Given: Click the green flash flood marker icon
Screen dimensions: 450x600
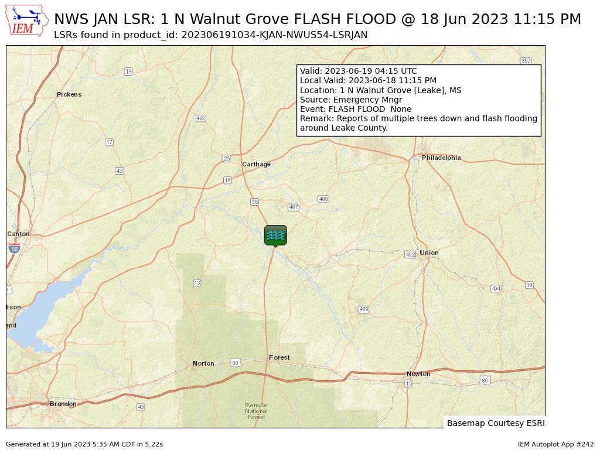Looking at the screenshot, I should tap(275, 235).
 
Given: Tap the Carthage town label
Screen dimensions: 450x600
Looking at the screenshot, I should tap(257, 165).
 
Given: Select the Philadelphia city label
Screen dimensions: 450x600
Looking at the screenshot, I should tap(441, 158).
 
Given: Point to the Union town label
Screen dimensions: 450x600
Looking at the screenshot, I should tap(429, 253).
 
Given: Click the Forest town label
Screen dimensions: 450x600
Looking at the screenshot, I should tap(279, 357).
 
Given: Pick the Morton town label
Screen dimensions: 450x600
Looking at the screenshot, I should tap(203, 363).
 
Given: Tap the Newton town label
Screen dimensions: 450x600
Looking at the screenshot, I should tap(418, 374).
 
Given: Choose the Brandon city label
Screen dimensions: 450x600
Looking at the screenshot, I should tap(63, 404).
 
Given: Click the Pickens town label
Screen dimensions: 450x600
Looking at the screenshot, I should tap(69, 94).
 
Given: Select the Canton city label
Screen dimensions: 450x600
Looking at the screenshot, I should tap(18, 234).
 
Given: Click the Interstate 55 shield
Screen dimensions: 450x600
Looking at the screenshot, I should tap(15, 248).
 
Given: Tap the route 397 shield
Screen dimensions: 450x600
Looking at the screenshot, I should tap(526, 61).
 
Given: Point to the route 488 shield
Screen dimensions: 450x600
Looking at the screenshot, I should tap(323, 199).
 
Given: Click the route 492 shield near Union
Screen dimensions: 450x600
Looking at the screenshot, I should tap(410, 254).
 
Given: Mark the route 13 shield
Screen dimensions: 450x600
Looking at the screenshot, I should tap(197, 283).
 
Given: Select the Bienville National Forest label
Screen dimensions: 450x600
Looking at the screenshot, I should tap(256, 411).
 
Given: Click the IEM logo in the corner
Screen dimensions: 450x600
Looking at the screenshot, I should tap(27, 21).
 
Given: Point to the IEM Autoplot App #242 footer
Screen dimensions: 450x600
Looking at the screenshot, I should tap(555, 444).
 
